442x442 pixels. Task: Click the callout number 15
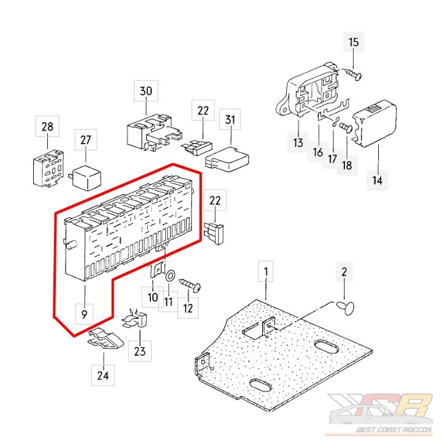[x=354, y=43]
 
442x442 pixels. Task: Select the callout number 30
[x=145, y=92]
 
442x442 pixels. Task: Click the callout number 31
[x=230, y=119]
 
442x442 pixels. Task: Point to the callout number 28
[x=47, y=128]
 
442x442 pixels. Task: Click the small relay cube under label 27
[x=86, y=174]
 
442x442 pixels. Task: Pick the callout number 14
[x=376, y=180]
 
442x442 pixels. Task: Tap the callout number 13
[x=298, y=144]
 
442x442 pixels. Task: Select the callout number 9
[x=84, y=314]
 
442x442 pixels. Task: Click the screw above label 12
[x=191, y=284]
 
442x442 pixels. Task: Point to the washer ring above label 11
[x=169, y=275]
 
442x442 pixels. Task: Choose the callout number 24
[x=103, y=374]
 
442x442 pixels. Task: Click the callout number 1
[x=266, y=271]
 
